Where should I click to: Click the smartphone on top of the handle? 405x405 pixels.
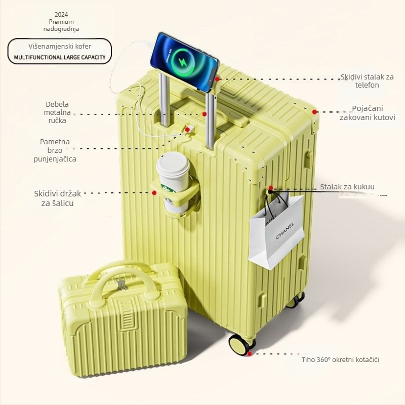(184, 62)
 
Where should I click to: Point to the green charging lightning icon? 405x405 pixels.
(183, 62)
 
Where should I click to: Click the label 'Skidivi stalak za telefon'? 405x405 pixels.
(367, 81)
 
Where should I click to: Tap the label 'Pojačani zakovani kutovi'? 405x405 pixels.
(368, 113)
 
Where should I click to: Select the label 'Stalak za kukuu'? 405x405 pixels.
(347, 187)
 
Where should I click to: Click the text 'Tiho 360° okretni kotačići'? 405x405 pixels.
(340, 359)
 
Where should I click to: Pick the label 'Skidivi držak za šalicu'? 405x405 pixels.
(57, 198)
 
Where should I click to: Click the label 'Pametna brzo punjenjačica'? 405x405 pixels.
(55, 150)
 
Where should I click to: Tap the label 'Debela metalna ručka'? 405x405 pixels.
(57, 112)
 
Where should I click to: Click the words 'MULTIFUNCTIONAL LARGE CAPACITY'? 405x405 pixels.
(60, 57)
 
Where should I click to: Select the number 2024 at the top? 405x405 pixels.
(61, 15)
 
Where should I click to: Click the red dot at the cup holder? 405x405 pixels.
(154, 193)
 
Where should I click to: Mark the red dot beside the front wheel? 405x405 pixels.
(249, 353)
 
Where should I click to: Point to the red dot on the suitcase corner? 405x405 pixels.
(314, 112)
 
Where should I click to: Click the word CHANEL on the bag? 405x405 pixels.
(285, 231)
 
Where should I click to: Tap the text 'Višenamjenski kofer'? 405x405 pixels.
(60, 47)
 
